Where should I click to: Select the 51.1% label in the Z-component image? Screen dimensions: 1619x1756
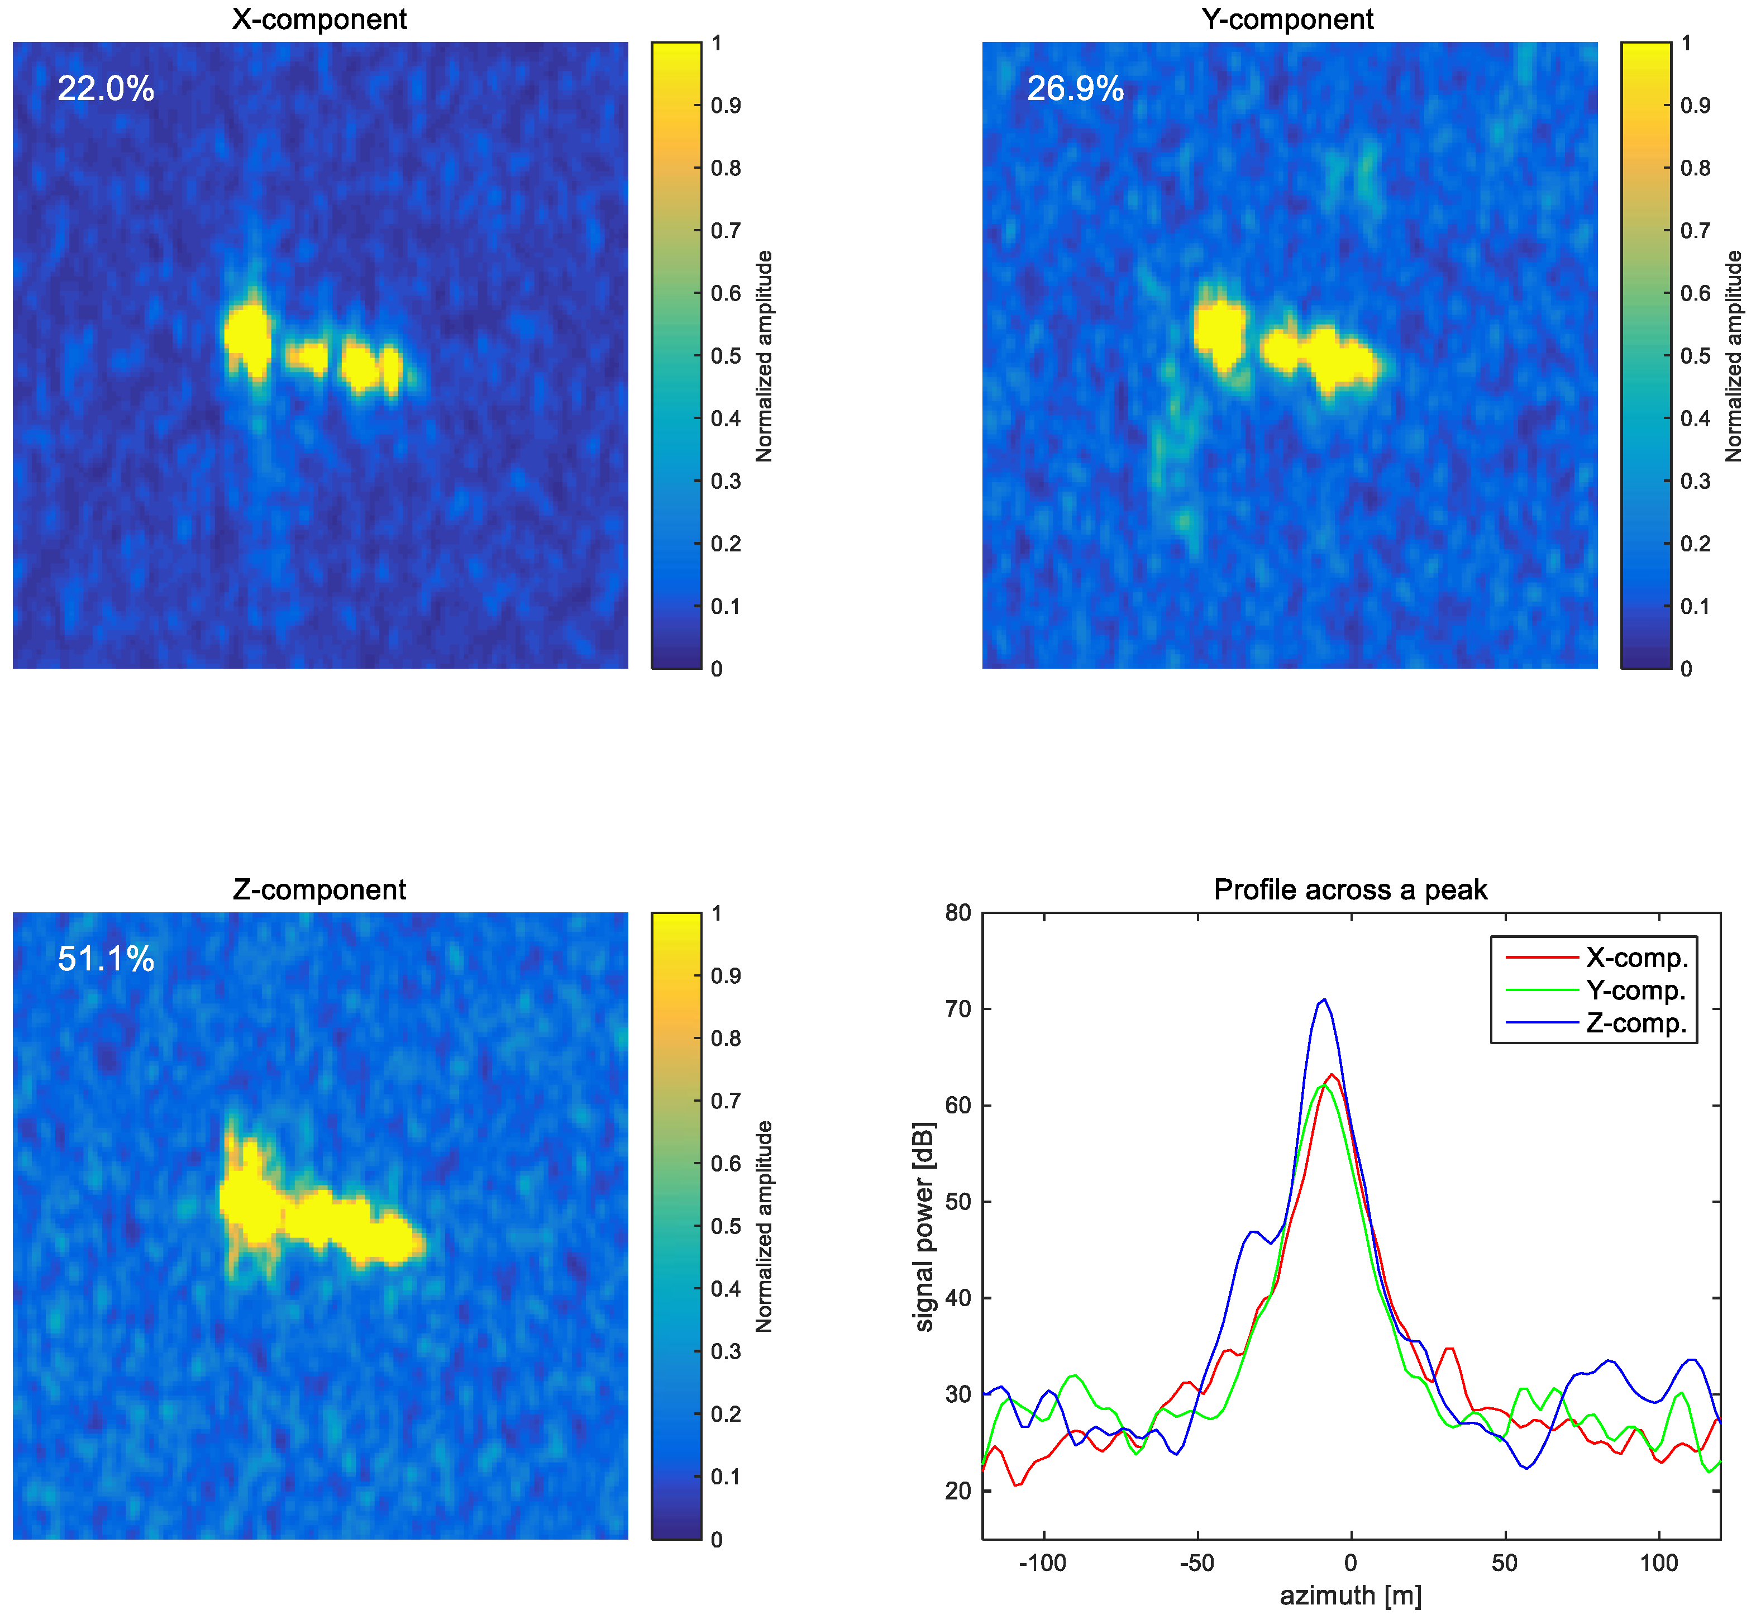[x=106, y=959]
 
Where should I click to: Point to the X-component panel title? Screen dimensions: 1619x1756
[x=319, y=19]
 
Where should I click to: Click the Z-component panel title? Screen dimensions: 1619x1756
[x=319, y=890]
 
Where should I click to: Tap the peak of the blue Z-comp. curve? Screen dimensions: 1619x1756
[x=1323, y=999]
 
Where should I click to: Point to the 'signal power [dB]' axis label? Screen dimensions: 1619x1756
[x=924, y=1226]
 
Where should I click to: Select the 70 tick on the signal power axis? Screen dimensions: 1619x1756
[x=958, y=1010]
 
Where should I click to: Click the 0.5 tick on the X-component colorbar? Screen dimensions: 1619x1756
[x=725, y=356]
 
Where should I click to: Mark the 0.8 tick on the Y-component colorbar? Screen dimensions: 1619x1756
[x=1695, y=168]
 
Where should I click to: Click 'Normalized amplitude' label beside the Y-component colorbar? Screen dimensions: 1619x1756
[x=1733, y=356]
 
